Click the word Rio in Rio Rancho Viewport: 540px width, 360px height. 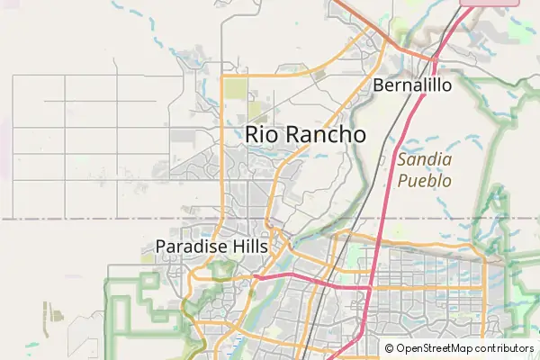pos(262,134)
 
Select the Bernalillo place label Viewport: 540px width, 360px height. pos(411,86)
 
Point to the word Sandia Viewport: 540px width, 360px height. pos(420,160)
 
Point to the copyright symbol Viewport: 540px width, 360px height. pos(389,348)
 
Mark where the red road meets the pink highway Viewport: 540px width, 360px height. pos(434,59)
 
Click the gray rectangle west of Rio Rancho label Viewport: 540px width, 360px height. pos(183,138)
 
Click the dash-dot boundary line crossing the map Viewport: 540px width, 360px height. pos(90,218)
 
